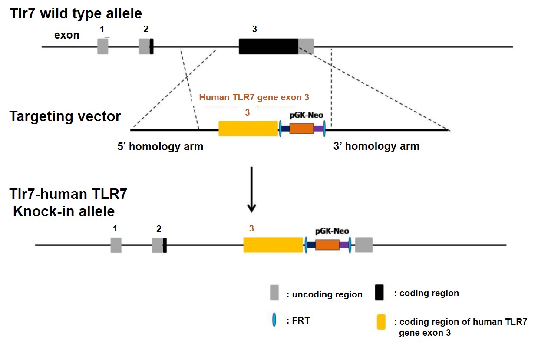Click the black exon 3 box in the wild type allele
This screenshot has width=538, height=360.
tap(268, 46)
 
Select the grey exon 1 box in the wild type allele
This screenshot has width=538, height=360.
tap(102, 46)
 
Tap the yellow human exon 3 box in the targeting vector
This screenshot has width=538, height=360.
tap(248, 129)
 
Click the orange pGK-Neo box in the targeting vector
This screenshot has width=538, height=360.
tap(301, 129)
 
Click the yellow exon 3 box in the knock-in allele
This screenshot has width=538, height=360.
tap(273, 245)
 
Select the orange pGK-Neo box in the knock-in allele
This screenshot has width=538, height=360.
tap(327, 245)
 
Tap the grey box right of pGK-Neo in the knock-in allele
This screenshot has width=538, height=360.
tap(364, 245)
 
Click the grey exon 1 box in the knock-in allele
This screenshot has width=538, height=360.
tap(116, 245)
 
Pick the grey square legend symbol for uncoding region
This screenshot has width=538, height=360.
tap(274, 293)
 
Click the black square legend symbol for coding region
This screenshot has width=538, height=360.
tap(380, 293)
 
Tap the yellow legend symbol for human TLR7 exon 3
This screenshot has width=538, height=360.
tap(381, 322)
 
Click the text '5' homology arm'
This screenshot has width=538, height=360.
tap(160, 146)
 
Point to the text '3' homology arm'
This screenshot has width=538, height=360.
tap(376, 146)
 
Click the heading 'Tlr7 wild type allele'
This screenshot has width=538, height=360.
tap(76, 13)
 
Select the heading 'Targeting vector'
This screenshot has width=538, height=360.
tap(65, 116)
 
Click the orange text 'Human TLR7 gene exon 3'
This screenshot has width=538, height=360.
tap(256, 97)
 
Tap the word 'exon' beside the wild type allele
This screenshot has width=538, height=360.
tap(66, 35)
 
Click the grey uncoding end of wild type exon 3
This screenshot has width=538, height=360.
tap(306, 46)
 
